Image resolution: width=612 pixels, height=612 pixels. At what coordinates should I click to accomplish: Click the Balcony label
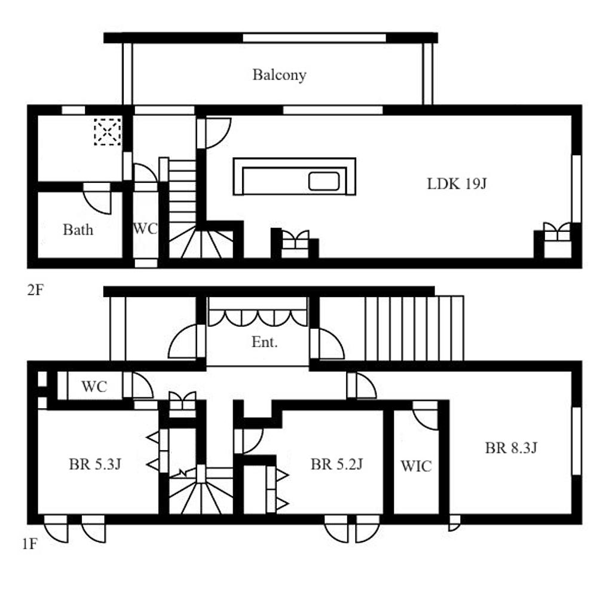click(x=279, y=75)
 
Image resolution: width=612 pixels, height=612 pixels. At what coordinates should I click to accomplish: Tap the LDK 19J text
click(x=457, y=183)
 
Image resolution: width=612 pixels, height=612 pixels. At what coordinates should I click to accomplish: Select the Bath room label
click(x=78, y=229)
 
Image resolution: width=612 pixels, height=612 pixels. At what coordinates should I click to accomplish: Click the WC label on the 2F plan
click(x=145, y=229)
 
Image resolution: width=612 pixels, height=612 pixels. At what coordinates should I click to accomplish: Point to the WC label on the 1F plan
click(x=94, y=387)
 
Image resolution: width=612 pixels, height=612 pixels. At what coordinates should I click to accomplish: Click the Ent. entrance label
click(x=265, y=342)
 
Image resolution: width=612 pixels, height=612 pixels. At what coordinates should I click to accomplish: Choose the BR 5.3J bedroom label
click(x=95, y=464)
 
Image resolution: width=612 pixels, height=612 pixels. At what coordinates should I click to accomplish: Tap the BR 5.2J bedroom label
click(x=337, y=464)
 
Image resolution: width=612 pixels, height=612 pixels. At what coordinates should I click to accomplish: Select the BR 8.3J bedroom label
click(x=512, y=448)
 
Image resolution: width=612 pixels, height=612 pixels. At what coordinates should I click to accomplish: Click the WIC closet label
click(x=416, y=466)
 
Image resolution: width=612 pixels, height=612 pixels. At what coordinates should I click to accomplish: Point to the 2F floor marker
click(x=35, y=290)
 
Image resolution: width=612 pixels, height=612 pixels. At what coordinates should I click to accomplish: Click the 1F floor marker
click(x=30, y=544)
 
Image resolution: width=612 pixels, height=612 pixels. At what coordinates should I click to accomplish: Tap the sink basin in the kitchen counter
click(x=324, y=181)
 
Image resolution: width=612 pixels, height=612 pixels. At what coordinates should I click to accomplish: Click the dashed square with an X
click(x=108, y=131)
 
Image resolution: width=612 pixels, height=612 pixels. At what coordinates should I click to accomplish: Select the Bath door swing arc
click(x=97, y=198)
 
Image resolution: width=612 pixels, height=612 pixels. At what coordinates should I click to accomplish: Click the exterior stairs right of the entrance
click(x=414, y=328)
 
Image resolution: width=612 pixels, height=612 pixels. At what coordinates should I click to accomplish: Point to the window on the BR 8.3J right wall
click(x=577, y=441)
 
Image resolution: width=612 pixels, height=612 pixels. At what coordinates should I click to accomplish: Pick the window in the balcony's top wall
click(x=314, y=38)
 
